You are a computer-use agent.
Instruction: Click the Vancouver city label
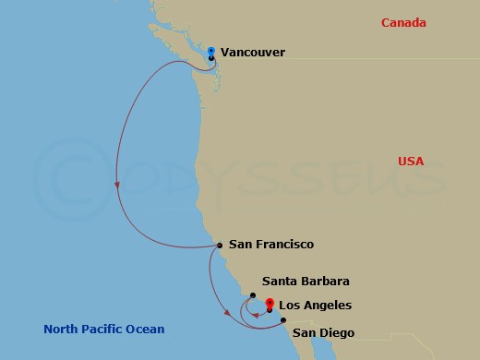252,53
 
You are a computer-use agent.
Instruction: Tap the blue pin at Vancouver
211,51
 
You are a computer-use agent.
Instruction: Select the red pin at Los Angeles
270,303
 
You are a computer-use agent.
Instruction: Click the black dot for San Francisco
219,246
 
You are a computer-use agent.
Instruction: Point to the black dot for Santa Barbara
252,295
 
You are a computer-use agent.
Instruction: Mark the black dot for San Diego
283,320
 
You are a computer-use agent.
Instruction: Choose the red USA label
411,162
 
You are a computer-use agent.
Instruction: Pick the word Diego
336,332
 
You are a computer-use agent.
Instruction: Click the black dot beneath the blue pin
211,58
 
